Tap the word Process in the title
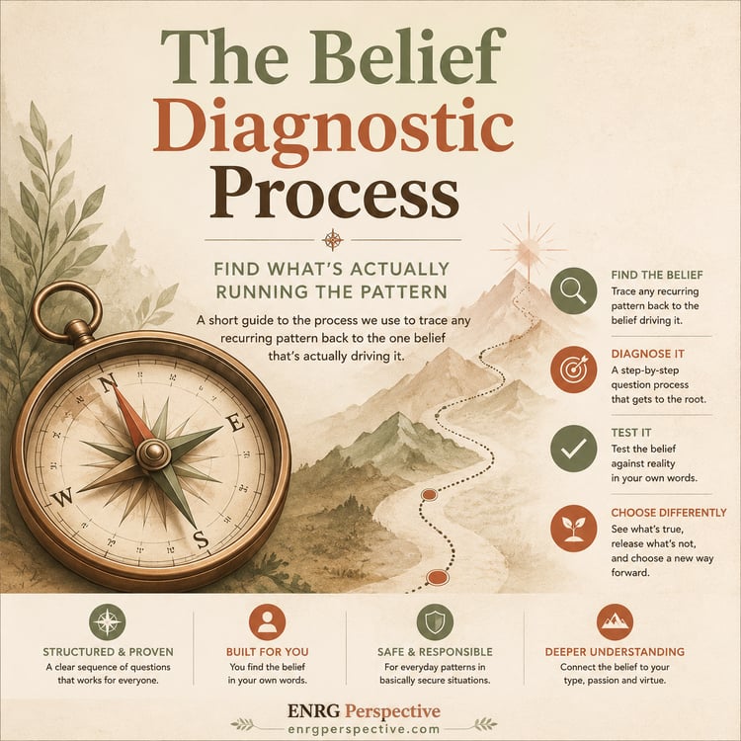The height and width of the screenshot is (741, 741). (334, 192)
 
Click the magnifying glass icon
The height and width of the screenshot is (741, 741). (573, 290)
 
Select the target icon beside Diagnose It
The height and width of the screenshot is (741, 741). (573, 370)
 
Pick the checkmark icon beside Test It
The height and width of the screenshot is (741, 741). (573, 448)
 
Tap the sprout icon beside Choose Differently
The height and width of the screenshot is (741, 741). (573, 529)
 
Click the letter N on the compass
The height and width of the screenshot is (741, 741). (109, 382)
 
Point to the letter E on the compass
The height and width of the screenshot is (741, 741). (237, 424)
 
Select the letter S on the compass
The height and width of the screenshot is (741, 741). (202, 539)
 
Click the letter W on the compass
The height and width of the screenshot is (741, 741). (63, 497)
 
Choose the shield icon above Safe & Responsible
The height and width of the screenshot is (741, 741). (435, 621)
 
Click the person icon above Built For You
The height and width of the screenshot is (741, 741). (267, 621)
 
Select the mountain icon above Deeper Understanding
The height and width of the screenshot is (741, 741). (615, 621)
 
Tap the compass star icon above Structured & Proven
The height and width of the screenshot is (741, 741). (108, 621)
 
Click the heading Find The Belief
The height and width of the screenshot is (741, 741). (656, 275)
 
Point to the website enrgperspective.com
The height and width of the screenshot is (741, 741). (364, 729)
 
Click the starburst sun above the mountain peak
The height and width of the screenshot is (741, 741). (528, 249)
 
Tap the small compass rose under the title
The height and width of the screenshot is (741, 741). (333, 240)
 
